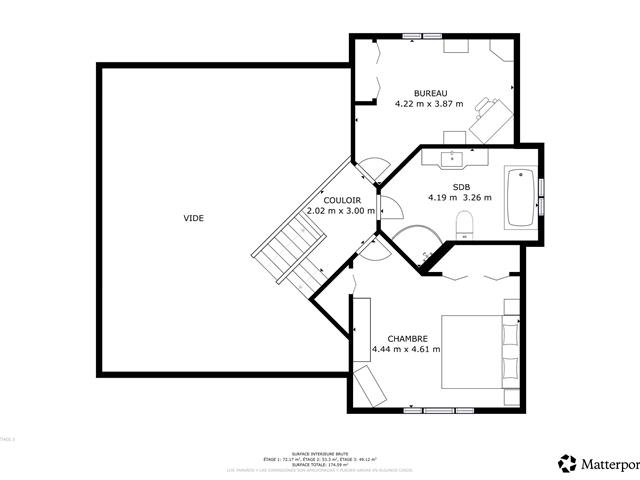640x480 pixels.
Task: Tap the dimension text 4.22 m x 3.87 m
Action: coord(429,103)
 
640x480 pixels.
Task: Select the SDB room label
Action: coord(461,187)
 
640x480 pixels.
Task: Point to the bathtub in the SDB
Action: coord(520,197)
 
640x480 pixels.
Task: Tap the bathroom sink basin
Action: coord(455,156)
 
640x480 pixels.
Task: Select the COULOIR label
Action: coord(342,200)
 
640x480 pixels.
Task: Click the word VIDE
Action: coord(192,218)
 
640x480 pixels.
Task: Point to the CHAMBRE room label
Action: coord(407,338)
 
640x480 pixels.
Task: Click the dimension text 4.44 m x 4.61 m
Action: coord(406,349)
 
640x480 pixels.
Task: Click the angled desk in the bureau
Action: coord(492,119)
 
